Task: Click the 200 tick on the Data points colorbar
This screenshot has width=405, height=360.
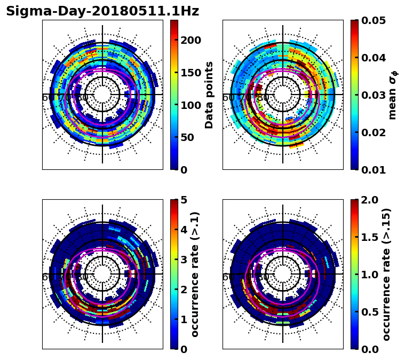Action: (x=190, y=40)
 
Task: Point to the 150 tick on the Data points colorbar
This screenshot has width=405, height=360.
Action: (x=190, y=73)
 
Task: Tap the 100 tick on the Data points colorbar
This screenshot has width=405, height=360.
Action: (x=190, y=105)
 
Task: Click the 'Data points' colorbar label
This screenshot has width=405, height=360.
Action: (x=209, y=95)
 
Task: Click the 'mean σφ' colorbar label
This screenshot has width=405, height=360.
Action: (x=392, y=95)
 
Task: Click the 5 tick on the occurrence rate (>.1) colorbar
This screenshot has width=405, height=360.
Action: (x=184, y=200)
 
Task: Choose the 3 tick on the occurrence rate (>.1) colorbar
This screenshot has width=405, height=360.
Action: (x=184, y=260)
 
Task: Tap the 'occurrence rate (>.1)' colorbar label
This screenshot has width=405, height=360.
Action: (x=195, y=274)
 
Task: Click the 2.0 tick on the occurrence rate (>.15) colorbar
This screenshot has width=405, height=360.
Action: (x=368, y=200)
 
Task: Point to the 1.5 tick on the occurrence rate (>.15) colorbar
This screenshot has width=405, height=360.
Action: (x=368, y=237)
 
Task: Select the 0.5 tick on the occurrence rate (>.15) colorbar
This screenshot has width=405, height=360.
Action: (x=368, y=312)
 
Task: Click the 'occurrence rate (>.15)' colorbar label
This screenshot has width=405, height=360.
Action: (x=386, y=274)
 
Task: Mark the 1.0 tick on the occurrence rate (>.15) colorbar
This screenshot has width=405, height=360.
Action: (x=368, y=275)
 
